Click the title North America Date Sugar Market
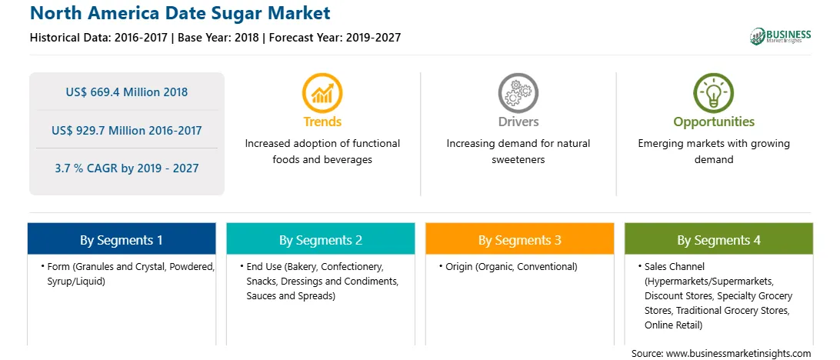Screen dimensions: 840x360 point(181,13)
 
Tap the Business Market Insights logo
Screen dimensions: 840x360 point(781,36)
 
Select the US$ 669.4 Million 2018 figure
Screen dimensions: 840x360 point(127,92)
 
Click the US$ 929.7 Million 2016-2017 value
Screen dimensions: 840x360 point(127,130)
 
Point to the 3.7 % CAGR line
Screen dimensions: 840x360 point(127,168)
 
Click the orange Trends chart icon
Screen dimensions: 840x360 point(322,92)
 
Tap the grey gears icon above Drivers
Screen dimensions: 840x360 point(518,92)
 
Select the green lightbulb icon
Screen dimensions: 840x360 point(714,92)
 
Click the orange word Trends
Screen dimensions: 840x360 point(322,122)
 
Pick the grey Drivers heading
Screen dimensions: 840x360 point(518,122)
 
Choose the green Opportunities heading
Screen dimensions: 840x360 point(714,122)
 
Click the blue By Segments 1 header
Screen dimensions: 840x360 point(122,239)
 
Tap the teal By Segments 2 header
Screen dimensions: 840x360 point(320,239)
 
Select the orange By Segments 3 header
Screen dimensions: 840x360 point(520,239)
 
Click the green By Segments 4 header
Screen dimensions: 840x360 point(719,239)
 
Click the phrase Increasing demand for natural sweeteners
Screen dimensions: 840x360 point(518,152)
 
